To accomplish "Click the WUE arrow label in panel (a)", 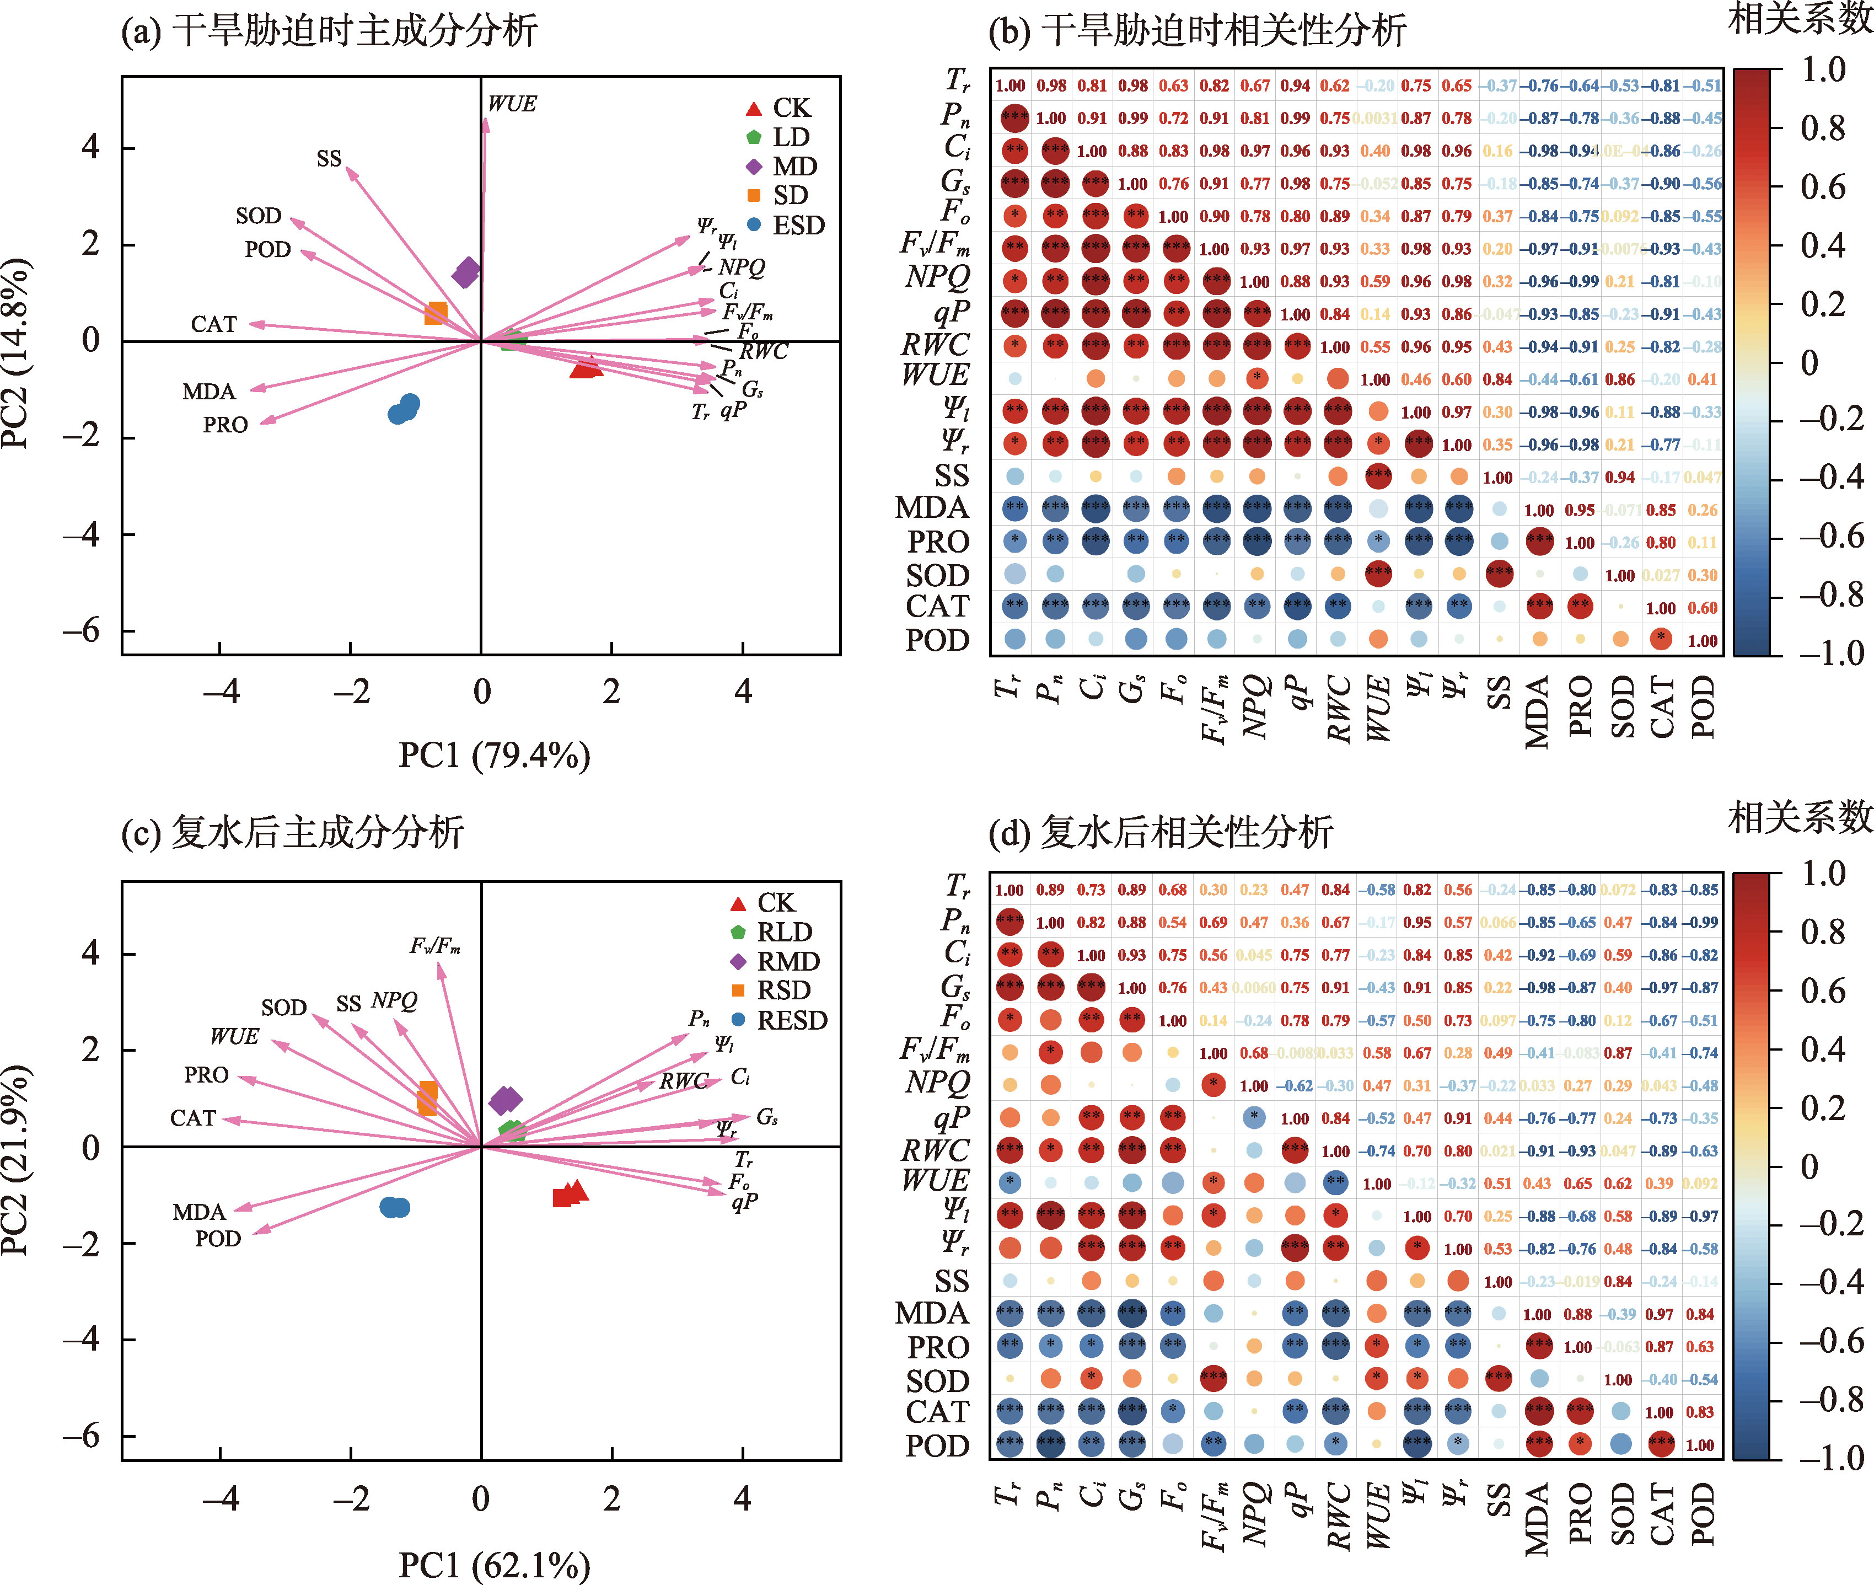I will tap(512, 104).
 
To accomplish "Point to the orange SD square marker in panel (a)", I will tap(436, 313).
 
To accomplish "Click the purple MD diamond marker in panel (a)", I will tap(466, 271).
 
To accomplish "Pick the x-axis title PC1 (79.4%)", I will tap(494, 755).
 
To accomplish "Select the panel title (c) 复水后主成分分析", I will tap(293, 832).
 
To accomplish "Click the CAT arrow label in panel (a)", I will tap(214, 324).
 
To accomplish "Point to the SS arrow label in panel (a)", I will tap(329, 159).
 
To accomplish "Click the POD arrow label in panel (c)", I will tap(218, 1239).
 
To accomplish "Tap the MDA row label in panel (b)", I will tap(932, 508).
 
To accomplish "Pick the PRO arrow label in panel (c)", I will tap(207, 1075).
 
